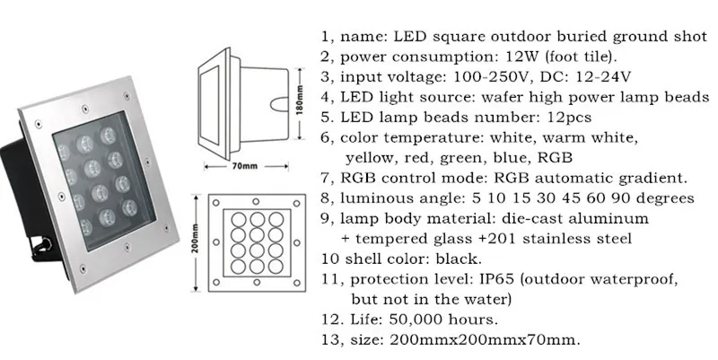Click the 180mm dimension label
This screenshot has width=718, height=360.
click(x=301, y=104)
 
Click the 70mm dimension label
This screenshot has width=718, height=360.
click(x=245, y=166)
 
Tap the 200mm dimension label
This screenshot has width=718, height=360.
click(x=196, y=242)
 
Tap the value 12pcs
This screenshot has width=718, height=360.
click(x=570, y=118)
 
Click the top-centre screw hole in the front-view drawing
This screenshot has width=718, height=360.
click(x=256, y=201)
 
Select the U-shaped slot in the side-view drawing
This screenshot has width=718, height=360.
click(x=279, y=104)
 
